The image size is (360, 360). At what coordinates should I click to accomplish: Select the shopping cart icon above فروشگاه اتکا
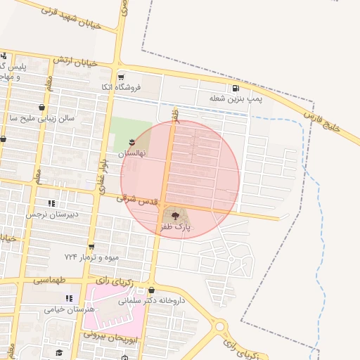click(121, 77)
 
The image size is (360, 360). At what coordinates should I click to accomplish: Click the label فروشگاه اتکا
click(121, 88)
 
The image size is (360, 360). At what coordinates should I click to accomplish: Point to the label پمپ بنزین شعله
click(236, 99)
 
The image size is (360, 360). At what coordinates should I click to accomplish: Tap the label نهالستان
click(131, 153)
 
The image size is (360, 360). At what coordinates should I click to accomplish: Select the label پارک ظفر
click(176, 227)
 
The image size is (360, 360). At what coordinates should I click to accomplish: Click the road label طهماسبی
click(49, 279)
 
